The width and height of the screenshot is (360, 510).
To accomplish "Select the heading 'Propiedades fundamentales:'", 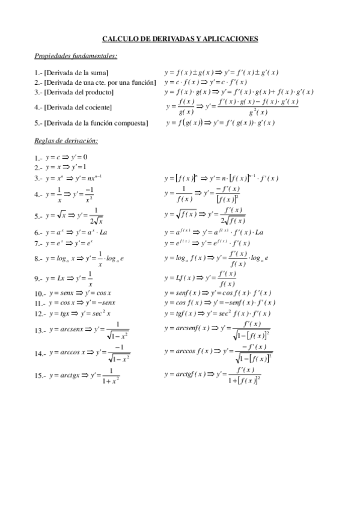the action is (x=76, y=56).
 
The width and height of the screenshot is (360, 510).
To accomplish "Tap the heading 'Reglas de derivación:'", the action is (x=66, y=141).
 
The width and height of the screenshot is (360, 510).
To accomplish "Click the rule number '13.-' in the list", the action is (x=41, y=331).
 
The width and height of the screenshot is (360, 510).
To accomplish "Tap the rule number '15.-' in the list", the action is (x=41, y=376).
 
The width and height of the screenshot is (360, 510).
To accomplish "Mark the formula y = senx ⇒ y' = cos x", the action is (x=81, y=293).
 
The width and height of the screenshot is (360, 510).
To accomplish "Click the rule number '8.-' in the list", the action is (x=38, y=259).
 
